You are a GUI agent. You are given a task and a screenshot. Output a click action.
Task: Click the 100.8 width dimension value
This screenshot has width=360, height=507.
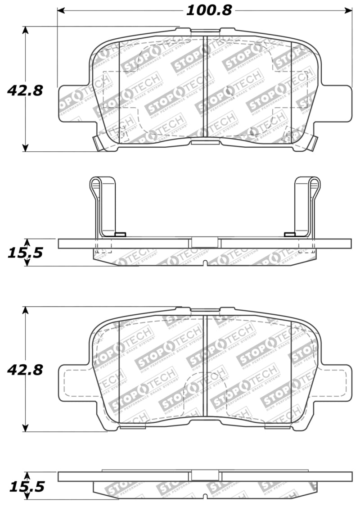(x=209, y=10)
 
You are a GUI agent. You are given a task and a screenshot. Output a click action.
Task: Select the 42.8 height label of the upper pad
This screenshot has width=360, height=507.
(x=25, y=91)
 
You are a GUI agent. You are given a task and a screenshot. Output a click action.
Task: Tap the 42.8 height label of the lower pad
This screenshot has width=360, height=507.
(x=25, y=370)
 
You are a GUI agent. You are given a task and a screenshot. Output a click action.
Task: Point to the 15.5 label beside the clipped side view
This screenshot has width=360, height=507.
(x=25, y=253)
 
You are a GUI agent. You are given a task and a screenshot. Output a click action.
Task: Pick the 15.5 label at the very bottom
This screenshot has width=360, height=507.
(x=25, y=488)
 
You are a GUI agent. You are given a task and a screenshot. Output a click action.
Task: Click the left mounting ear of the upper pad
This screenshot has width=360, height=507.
(x=74, y=103)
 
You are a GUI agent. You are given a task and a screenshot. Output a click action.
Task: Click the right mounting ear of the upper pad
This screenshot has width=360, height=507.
(x=336, y=103)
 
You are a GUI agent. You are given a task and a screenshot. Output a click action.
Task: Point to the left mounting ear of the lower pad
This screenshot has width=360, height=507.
(x=74, y=382)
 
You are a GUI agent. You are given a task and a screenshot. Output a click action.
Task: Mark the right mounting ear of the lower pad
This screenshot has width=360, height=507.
(x=336, y=382)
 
